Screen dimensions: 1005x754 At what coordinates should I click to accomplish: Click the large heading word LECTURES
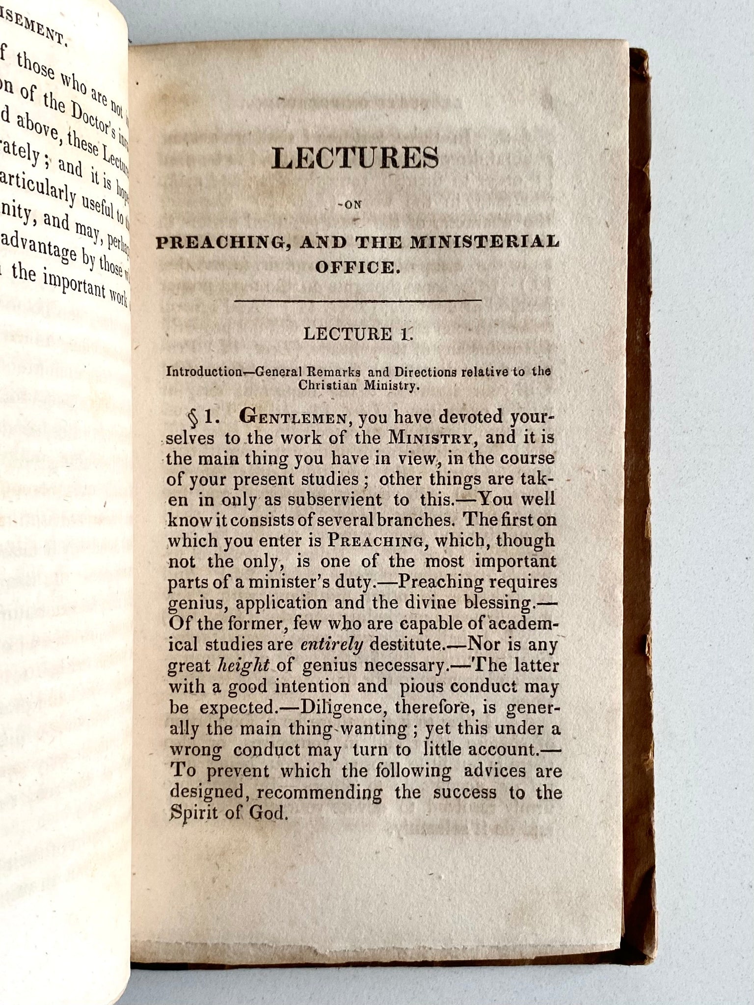(x=356, y=160)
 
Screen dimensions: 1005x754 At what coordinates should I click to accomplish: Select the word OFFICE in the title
(x=355, y=268)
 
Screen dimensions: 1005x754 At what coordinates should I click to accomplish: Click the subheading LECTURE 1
(x=358, y=335)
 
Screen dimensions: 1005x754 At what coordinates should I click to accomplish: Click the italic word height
(x=243, y=665)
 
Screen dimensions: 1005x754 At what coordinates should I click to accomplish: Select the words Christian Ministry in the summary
(x=358, y=385)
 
